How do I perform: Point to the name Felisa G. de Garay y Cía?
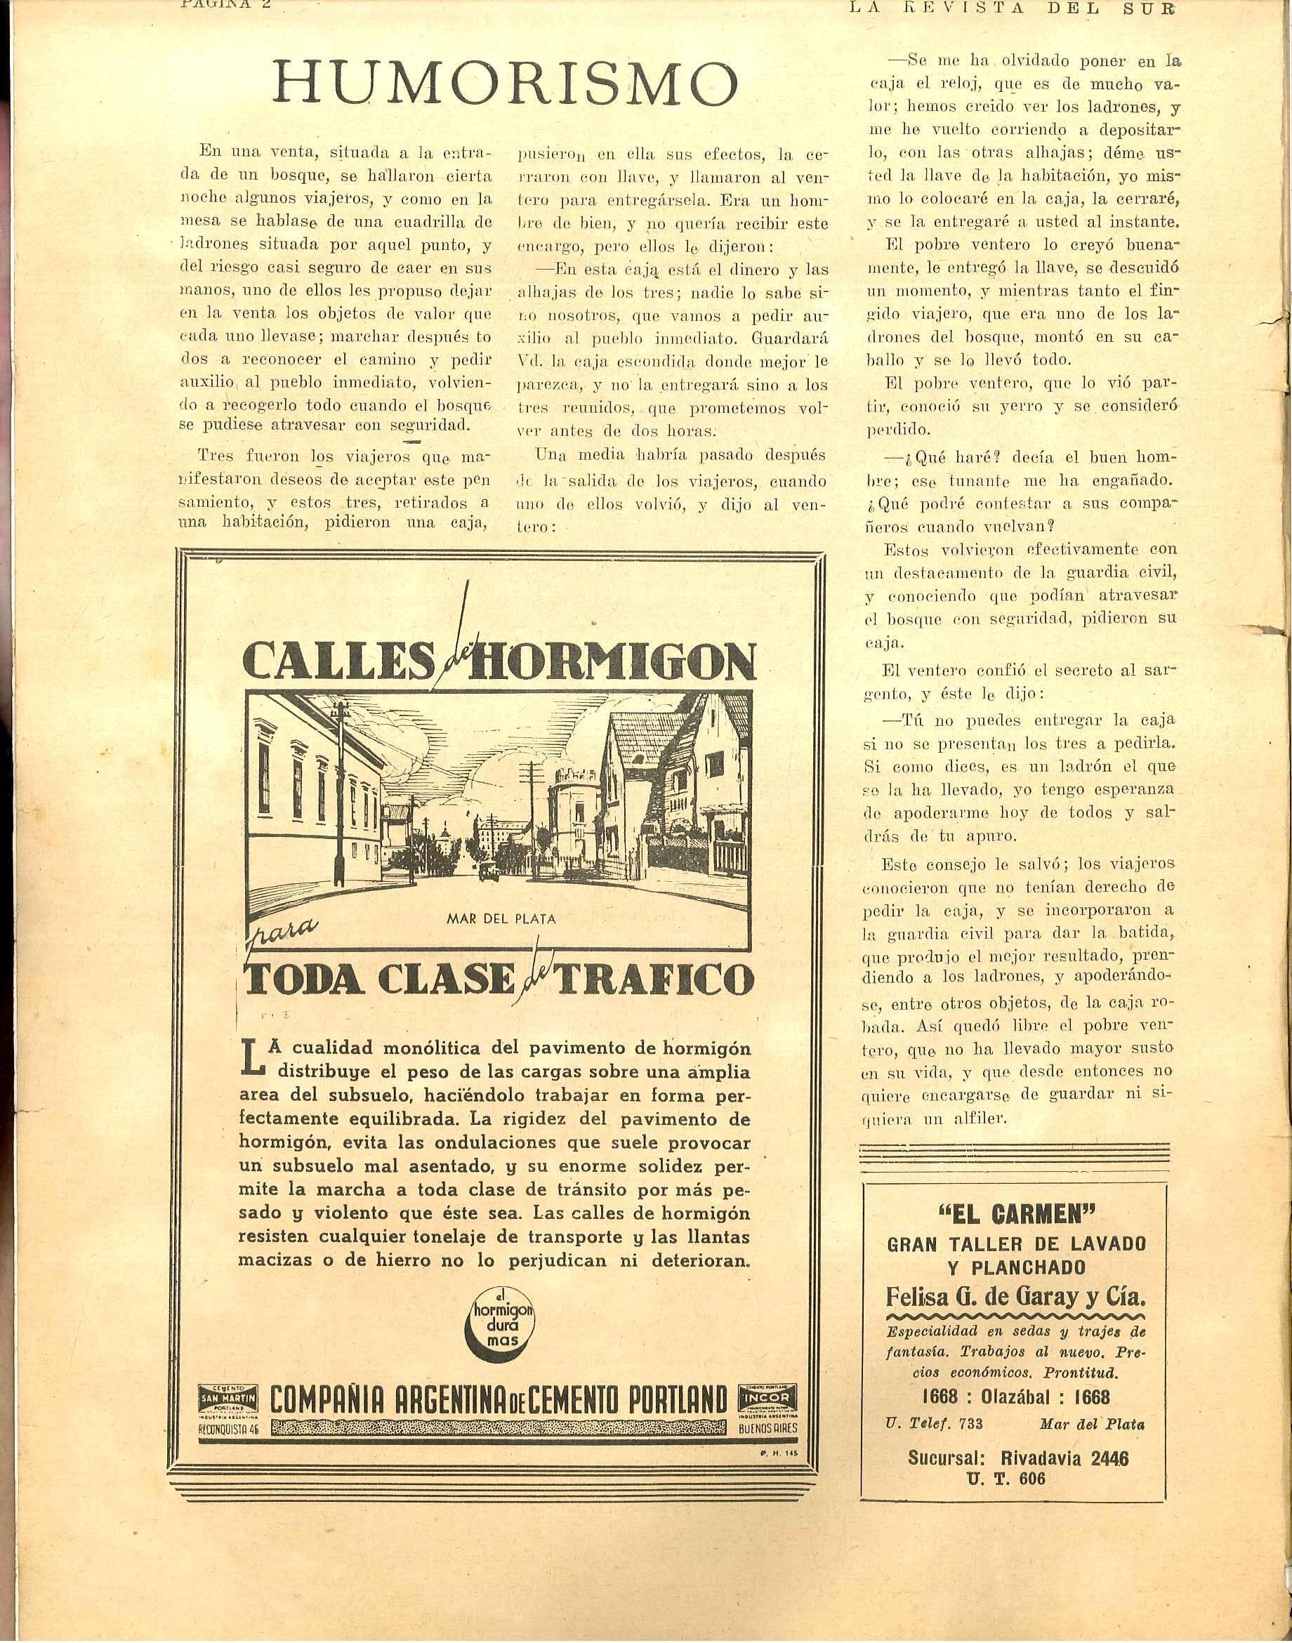[x=1015, y=1298]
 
